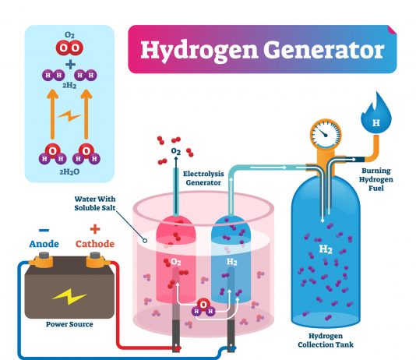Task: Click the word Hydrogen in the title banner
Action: [199, 51]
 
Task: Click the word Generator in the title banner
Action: [323, 49]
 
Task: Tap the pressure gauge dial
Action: [326, 134]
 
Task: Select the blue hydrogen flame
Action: [376, 113]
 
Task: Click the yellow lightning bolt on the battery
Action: [69, 296]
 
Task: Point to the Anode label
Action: [44, 244]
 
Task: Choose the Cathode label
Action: [95, 244]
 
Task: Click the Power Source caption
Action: [69, 324]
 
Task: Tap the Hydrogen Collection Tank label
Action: [326, 341]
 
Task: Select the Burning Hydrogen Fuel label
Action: [376, 179]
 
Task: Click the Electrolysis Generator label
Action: [203, 178]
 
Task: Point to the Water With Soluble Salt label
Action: [95, 203]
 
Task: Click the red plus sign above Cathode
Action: [95, 229]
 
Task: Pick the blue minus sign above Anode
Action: [44, 230]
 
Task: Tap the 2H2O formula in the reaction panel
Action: [69, 172]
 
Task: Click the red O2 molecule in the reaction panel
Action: [69, 48]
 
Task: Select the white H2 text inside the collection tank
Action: [326, 249]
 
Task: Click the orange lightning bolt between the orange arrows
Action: [69, 115]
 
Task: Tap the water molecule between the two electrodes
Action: [203, 308]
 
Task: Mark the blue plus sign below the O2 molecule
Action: [70, 65]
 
